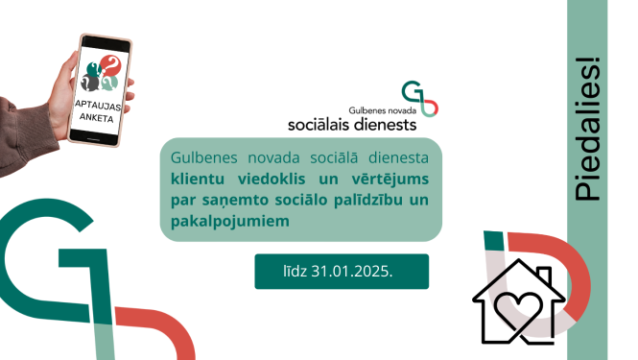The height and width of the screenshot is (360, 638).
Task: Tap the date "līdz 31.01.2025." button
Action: click(x=341, y=271)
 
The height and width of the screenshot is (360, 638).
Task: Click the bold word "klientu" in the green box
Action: click(x=200, y=177)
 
